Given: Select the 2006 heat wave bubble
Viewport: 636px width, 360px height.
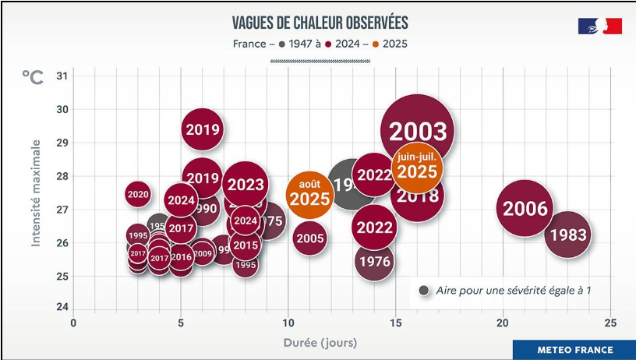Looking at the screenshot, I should pos(525,209).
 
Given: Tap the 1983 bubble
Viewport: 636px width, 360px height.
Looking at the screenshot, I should pos(568,235).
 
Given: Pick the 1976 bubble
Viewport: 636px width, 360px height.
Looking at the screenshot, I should pos(374,261).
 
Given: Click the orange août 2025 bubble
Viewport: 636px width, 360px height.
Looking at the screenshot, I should pos(310,194).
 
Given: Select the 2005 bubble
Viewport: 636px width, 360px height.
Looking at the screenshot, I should pos(310,238).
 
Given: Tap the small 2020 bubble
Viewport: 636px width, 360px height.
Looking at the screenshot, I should pos(138,194).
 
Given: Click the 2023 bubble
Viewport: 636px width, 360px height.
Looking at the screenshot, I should pos(246,185).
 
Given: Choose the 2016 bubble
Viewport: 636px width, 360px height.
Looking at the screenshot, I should pos(181,257).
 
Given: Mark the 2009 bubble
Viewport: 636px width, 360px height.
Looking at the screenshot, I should pos(203,252).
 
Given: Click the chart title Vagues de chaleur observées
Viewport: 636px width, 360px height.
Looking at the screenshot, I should pos(320,23).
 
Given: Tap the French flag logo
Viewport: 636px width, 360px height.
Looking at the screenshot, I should pos(599,26).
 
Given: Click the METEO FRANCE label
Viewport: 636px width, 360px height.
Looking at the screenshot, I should pos(575,350).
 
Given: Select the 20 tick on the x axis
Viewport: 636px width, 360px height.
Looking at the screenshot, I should pos(503,323).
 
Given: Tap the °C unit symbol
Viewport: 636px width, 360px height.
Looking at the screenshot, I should pos(33,77).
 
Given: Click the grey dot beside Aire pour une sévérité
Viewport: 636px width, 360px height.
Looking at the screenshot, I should pos(424,291).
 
